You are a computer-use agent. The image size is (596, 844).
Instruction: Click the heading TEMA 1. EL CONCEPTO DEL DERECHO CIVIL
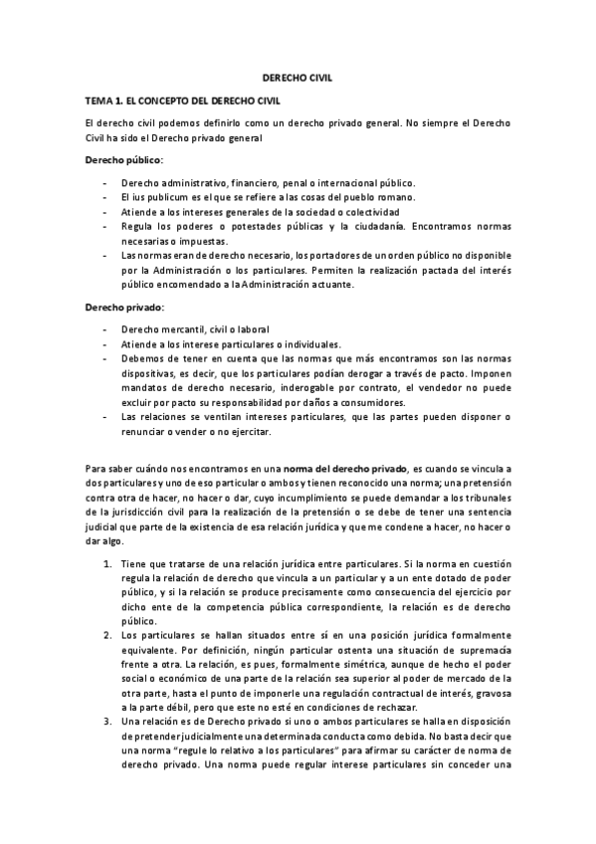click(x=183, y=101)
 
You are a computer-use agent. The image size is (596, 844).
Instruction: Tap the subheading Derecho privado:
click(x=124, y=308)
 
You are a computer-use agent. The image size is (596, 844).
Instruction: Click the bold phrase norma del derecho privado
click(x=344, y=467)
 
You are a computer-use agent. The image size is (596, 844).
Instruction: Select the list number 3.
click(x=106, y=720)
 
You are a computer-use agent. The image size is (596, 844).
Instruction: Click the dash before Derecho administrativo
click(x=105, y=183)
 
